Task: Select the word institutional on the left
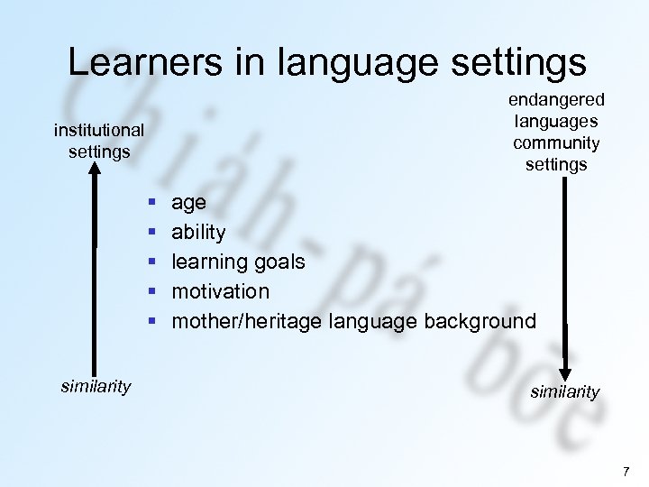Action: tap(99, 131)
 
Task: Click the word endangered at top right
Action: tap(556, 100)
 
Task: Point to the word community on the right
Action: tap(556, 142)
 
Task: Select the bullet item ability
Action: tap(198, 233)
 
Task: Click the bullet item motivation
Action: tap(221, 291)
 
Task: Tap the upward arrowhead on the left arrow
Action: tap(96, 177)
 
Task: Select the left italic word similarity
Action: tap(96, 387)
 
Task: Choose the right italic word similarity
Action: tap(565, 392)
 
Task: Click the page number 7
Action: tap(626, 472)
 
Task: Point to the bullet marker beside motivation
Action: tap(153, 291)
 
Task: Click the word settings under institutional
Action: tap(99, 151)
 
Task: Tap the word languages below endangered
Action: tap(556, 121)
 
